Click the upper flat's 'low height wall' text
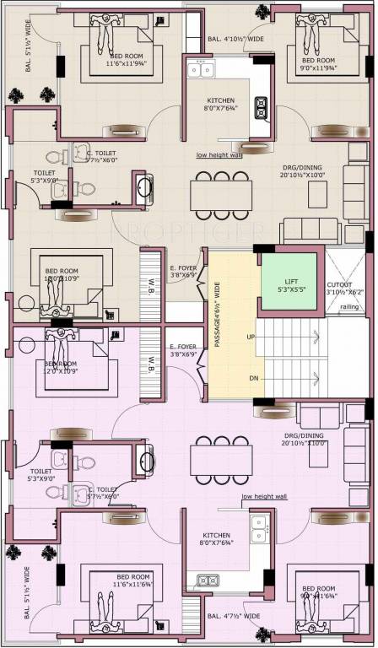click(x=219, y=155)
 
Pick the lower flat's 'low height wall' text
click(x=264, y=497)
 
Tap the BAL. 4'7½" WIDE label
click(x=233, y=616)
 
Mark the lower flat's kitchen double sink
click(x=206, y=580)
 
